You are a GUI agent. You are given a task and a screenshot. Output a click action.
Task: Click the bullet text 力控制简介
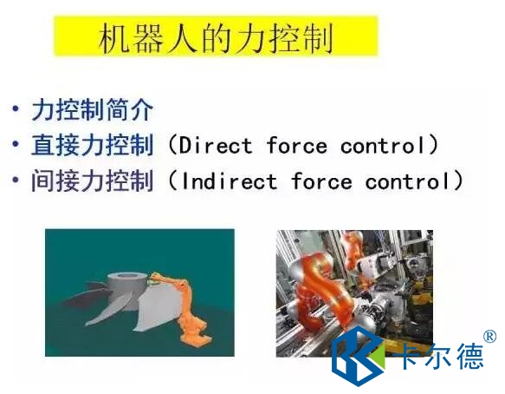point(92,110)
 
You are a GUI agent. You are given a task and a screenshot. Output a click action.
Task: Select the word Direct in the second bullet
point(216,146)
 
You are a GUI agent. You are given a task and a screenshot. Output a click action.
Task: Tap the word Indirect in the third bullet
point(229,181)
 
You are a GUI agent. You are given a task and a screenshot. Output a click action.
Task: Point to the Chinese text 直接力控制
point(92,146)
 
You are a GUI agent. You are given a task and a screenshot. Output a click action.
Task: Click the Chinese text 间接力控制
point(92,181)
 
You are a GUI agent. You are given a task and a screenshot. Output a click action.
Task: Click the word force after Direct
point(297,146)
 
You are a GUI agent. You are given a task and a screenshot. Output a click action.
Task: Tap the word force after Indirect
point(321,181)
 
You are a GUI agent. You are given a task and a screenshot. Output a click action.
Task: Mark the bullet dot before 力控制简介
point(15,108)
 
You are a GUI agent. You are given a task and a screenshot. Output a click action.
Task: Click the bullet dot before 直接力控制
point(15,144)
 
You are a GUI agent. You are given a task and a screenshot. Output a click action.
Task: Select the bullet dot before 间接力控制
point(15,180)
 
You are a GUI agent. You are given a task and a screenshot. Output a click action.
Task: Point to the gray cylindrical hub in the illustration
point(125,289)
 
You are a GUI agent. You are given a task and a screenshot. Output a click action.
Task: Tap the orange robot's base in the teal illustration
point(197,338)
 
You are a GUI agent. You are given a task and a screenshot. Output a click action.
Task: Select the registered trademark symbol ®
point(490,337)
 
